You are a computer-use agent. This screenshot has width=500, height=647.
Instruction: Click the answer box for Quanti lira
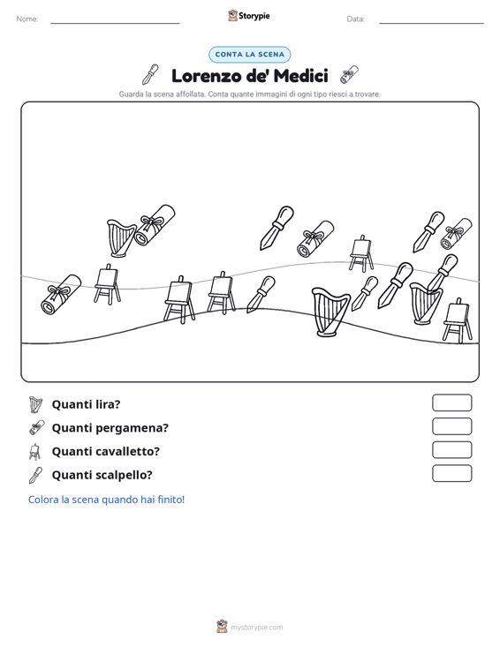click(451, 402)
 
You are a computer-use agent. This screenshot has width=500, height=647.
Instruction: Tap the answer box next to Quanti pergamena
click(451, 426)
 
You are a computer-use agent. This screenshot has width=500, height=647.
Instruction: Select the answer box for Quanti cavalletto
click(451, 450)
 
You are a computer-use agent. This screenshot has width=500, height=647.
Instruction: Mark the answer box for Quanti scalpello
click(451, 473)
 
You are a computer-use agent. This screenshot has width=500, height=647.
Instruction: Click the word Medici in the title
click(300, 76)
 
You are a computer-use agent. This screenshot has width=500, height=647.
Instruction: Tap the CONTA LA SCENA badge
click(250, 55)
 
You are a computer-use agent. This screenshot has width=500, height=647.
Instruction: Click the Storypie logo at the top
click(249, 16)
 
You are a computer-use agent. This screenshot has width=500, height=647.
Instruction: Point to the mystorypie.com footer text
click(256, 628)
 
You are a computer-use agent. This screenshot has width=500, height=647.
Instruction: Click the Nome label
click(27, 19)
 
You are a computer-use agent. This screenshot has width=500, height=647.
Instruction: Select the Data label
click(355, 19)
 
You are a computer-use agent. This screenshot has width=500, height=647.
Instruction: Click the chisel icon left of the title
click(150, 74)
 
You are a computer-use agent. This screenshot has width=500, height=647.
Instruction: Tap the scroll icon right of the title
click(349, 75)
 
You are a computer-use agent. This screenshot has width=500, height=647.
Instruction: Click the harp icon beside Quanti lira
click(36, 404)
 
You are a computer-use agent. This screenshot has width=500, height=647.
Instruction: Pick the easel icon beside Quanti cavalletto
click(34, 451)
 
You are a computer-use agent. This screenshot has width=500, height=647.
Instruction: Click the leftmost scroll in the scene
click(61, 294)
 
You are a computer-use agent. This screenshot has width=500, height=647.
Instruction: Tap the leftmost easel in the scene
click(108, 284)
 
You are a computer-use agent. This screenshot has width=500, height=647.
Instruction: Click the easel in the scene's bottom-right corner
click(458, 320)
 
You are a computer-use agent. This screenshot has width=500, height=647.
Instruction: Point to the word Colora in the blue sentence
click(43, 500)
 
